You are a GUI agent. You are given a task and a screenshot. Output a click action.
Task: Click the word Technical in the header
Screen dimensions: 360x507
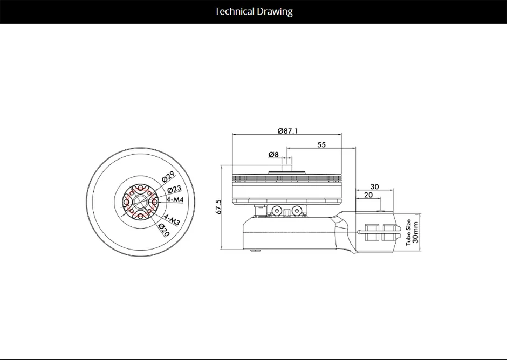(x=234, y=11)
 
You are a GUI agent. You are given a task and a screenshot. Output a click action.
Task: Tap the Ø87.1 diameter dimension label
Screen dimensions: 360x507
(x=288, y=130)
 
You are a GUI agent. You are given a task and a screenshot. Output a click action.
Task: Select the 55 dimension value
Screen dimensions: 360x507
(x=321, y=144)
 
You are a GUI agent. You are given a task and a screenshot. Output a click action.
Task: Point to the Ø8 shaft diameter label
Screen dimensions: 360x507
(x=273, y=155)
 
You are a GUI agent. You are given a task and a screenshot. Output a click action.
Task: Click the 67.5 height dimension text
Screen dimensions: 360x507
(x=218, y=207)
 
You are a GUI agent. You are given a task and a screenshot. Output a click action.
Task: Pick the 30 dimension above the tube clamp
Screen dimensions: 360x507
(x=374, y=186)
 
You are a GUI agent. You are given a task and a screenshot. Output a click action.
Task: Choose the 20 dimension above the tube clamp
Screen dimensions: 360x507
(x=368, y=195)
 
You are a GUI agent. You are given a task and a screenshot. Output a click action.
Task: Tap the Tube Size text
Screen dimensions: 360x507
(x=408, y=232)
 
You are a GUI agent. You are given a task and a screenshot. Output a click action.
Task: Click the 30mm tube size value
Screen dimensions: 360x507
(x=415, y=232)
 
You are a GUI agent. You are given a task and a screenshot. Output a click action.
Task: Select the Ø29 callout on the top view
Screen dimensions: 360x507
(x=168, y=177)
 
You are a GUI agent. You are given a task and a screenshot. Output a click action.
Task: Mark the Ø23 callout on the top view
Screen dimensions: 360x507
(x=174, y=190)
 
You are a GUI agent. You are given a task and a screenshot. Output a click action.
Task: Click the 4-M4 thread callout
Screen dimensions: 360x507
(x=175, y=199)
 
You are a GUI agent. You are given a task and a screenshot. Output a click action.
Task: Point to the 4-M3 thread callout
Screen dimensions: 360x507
(x=171, y=219)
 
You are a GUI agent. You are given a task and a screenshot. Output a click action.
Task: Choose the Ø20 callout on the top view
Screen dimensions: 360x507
(x=164, y=230)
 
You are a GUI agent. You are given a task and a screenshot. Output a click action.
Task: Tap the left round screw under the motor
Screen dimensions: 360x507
(x=277, y=211)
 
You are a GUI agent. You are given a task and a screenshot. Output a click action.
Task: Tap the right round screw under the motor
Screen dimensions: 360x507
(x=296, y=211)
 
